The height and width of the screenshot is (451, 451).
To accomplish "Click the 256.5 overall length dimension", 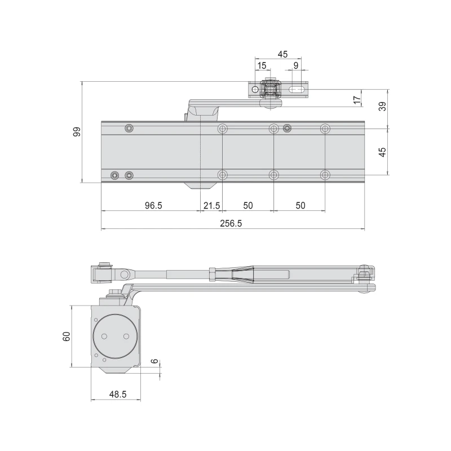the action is [231, 223].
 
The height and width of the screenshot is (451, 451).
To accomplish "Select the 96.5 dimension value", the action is [153, 205].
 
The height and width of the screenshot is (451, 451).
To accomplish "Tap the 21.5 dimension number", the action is [212, 205].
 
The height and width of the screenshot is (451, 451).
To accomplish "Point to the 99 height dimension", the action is [77, 132].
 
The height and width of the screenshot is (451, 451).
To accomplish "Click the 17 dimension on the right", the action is [357, 100].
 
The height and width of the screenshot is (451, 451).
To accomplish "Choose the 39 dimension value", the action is [382, 107].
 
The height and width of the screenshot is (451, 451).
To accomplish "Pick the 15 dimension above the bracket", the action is [262, 65].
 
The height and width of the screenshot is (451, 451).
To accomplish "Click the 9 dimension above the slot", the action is [296, 65].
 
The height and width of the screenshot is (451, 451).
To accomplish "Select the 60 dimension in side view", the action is [66, 336].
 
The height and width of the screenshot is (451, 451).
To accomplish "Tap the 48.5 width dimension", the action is [118, 394].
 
